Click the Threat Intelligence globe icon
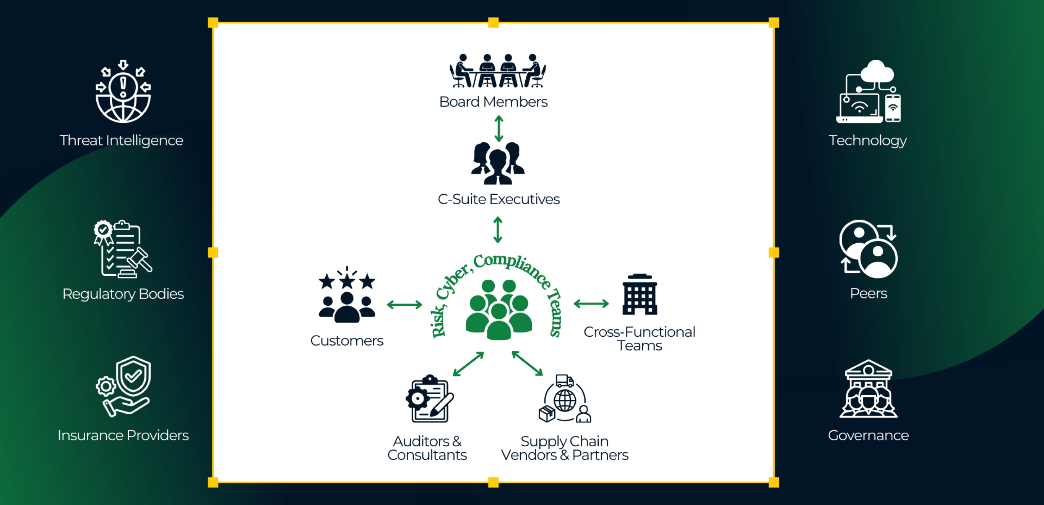tap(123, 92)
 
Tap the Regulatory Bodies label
tap(123, 294)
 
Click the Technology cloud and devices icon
tap(869, 92)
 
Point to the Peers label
tap(868, 293)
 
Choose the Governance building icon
tap(868, 389)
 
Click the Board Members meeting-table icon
tap(497, 71)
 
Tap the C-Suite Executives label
tap(498, 199)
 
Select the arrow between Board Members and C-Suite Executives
tap(499, 129)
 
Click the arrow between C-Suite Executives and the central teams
tap(498, 230)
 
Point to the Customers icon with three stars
tap(347, 295)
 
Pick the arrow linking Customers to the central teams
tap(404, 304)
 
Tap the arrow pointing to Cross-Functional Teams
tap(591, 303)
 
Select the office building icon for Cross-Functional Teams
tap(640, 295)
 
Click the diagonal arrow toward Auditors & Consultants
tap(468, 364)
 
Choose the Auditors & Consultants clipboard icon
tap(430, 399)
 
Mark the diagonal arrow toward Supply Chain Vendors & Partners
tap(527, 363)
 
